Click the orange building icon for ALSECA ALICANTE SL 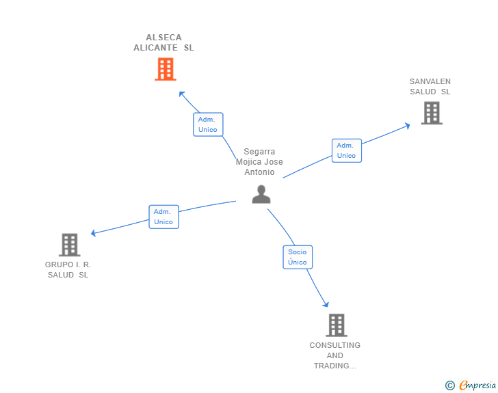coord(166,69)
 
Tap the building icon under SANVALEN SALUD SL coord(432,113)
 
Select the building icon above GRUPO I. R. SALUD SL coord(70,245)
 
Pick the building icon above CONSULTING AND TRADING coord(337,325)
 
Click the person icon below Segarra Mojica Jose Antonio coord(261,194)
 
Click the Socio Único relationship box coord(298,257)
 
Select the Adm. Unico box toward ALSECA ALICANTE coord(208,124)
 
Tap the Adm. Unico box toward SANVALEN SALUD coord(347,150)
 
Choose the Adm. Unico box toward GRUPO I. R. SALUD coord(164,217)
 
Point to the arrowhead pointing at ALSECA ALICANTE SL coord(181,94)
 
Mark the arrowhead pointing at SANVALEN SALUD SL coord(408,126)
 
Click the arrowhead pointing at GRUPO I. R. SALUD coord(93,233)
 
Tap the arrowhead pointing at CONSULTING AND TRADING coord(326,304)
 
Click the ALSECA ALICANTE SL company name coord(163,42)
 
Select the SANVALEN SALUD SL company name coord(430,86)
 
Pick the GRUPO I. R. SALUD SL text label coord(68,269)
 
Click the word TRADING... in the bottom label coord(335,366)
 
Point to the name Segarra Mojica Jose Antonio coord(259,161)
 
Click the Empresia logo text coord(477,385)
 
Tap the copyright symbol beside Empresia coord(449,385)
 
